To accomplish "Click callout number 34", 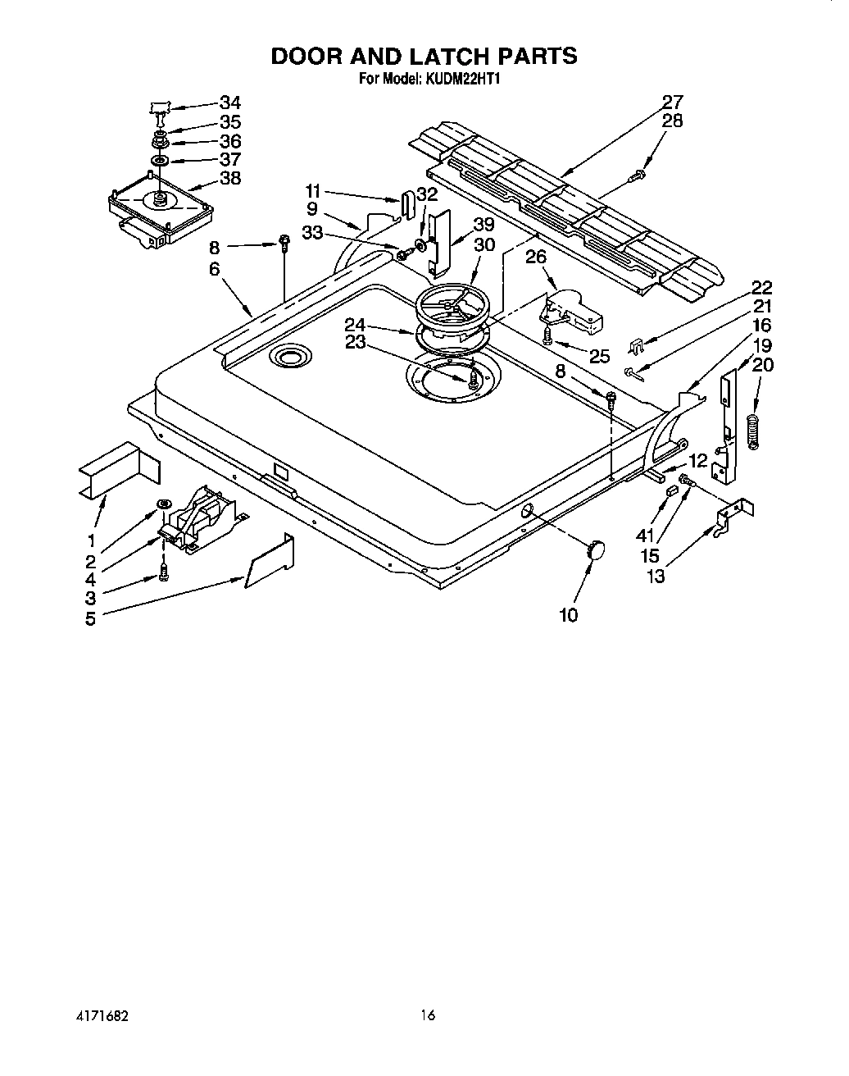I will click(230, 103).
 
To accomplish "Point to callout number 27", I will click(672, 103).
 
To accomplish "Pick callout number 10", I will click(568, 615).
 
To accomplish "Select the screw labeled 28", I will click(638, 175).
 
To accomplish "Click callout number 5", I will click(90, 618).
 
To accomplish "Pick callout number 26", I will click(536, 257).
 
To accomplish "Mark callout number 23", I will click(355, 343).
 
